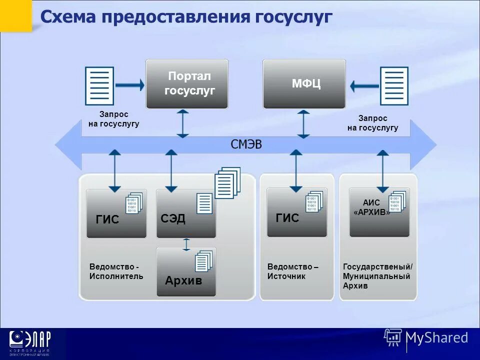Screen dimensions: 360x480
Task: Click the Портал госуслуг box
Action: click(186, 84)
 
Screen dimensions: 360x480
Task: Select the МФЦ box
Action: click(304, 84)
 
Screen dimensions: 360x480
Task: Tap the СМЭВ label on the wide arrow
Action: click(246, 145)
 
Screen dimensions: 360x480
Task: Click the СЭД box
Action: click(186, 213)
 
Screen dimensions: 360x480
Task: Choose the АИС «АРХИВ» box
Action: click(379, 212)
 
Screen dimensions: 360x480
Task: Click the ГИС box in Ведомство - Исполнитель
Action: click(116, 213)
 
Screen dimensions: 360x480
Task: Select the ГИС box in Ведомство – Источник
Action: click(297, 212)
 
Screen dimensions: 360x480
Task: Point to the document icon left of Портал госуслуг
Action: click(99, 85)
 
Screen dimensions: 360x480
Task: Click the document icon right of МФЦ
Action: click(394, 85)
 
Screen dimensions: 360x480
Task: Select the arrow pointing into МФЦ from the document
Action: click(364, 86)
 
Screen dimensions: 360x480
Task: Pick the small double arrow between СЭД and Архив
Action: click(186, 244)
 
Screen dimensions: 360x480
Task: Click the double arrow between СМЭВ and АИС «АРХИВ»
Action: click(383, 171)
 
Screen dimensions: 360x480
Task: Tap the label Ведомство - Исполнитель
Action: click(116, 271)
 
